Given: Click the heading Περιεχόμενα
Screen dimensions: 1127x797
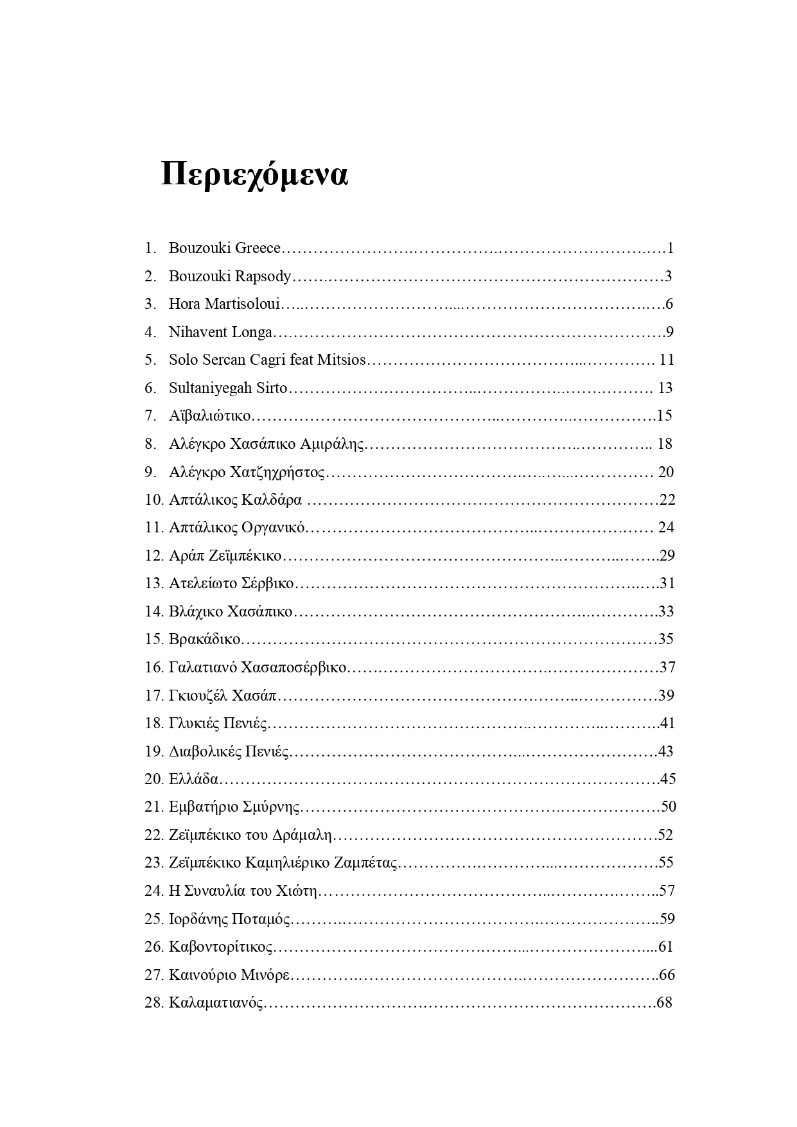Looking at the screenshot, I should pyautogui.click(x=254, y=175).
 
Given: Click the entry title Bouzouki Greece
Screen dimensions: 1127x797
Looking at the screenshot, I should pyautogui.click(x=225, y=248).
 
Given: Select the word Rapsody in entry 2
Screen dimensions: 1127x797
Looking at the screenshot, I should pyautogui.click(x=263, y=276).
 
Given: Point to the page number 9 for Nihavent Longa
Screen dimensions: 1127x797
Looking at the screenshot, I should pyautogui.click(x=669, y=332).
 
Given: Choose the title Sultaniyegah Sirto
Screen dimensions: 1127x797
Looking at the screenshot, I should pyautogui.click(x=228, y=388).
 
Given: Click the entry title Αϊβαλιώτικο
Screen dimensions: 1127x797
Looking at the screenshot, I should pyautogui.click(x=209, y=415).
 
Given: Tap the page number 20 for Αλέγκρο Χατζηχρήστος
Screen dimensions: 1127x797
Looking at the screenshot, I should pyautogui.click(x=666, y=472).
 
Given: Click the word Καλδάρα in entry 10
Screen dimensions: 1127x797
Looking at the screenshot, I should pyautogui.click(x=272, y=500).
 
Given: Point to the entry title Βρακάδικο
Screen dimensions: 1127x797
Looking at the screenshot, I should pyautogui.click(x=205, y=639).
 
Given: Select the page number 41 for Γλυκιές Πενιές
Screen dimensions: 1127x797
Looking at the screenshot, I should pyautogui.click(x=667, y=723).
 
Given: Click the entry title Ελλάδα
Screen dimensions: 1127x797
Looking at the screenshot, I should pyautogui.click(x=193, y=779).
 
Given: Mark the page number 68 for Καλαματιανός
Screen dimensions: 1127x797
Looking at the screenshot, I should pyautogui.click(x=664, y=1002).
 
